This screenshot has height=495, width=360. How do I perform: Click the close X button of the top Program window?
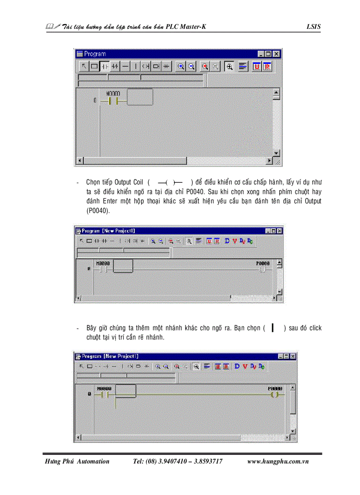[277, 54]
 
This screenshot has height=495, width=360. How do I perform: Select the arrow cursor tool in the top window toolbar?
[83, 66]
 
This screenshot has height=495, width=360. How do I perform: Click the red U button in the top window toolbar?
[257, 66]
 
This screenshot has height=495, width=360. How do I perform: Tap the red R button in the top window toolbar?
[267, 66]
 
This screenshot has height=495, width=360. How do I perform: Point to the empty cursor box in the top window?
[140, 97]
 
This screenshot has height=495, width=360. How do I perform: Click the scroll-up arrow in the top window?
[277, 93]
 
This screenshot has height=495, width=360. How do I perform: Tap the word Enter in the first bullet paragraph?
[111, 201]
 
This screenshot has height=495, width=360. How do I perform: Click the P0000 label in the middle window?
[263, 263]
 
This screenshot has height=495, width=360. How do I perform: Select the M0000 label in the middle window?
[102, 263]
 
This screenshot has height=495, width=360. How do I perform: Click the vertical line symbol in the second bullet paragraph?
[273, 328]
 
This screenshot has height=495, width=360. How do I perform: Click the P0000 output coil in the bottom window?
[275, 395]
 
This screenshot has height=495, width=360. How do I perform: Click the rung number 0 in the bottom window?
[89, 394]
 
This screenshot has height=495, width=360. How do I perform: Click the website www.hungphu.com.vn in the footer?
[277, 461]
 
